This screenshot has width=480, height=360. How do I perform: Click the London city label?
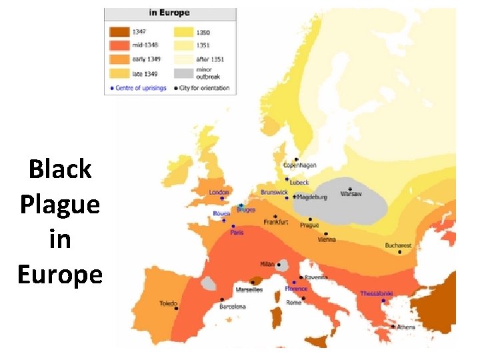click(x=219, y=193)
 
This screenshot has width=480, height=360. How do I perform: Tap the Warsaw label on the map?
click(x=351, y=194)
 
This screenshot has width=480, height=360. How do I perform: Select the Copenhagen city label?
click(x=299, y=165)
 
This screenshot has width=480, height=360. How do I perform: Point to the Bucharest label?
click(x=399, y=245)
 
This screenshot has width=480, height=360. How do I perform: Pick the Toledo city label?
click(x=169, y=303)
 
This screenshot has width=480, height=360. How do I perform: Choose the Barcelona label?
click(x=233, y=307)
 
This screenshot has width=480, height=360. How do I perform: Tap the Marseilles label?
click(x=249, y=290)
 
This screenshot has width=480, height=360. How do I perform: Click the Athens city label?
click(x=405, y=327)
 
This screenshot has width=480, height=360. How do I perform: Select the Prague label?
click(x=309, y=225)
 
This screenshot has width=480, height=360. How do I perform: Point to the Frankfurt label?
click(x=276, y=222)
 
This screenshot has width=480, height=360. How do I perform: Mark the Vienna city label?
click(x=327, y=240)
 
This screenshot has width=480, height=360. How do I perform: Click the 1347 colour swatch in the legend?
click(x=119, y=31)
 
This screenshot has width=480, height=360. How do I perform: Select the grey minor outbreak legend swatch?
click(x=184, y=73)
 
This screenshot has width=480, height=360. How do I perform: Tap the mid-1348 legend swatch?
click(x=119, y=45)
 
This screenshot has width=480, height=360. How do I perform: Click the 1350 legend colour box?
click(x=184, y=31)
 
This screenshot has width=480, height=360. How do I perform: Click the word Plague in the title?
click(x=60, y=204)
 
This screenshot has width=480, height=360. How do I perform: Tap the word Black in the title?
click(x=60, y=169)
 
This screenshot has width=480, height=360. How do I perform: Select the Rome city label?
click(x=294, y=303)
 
